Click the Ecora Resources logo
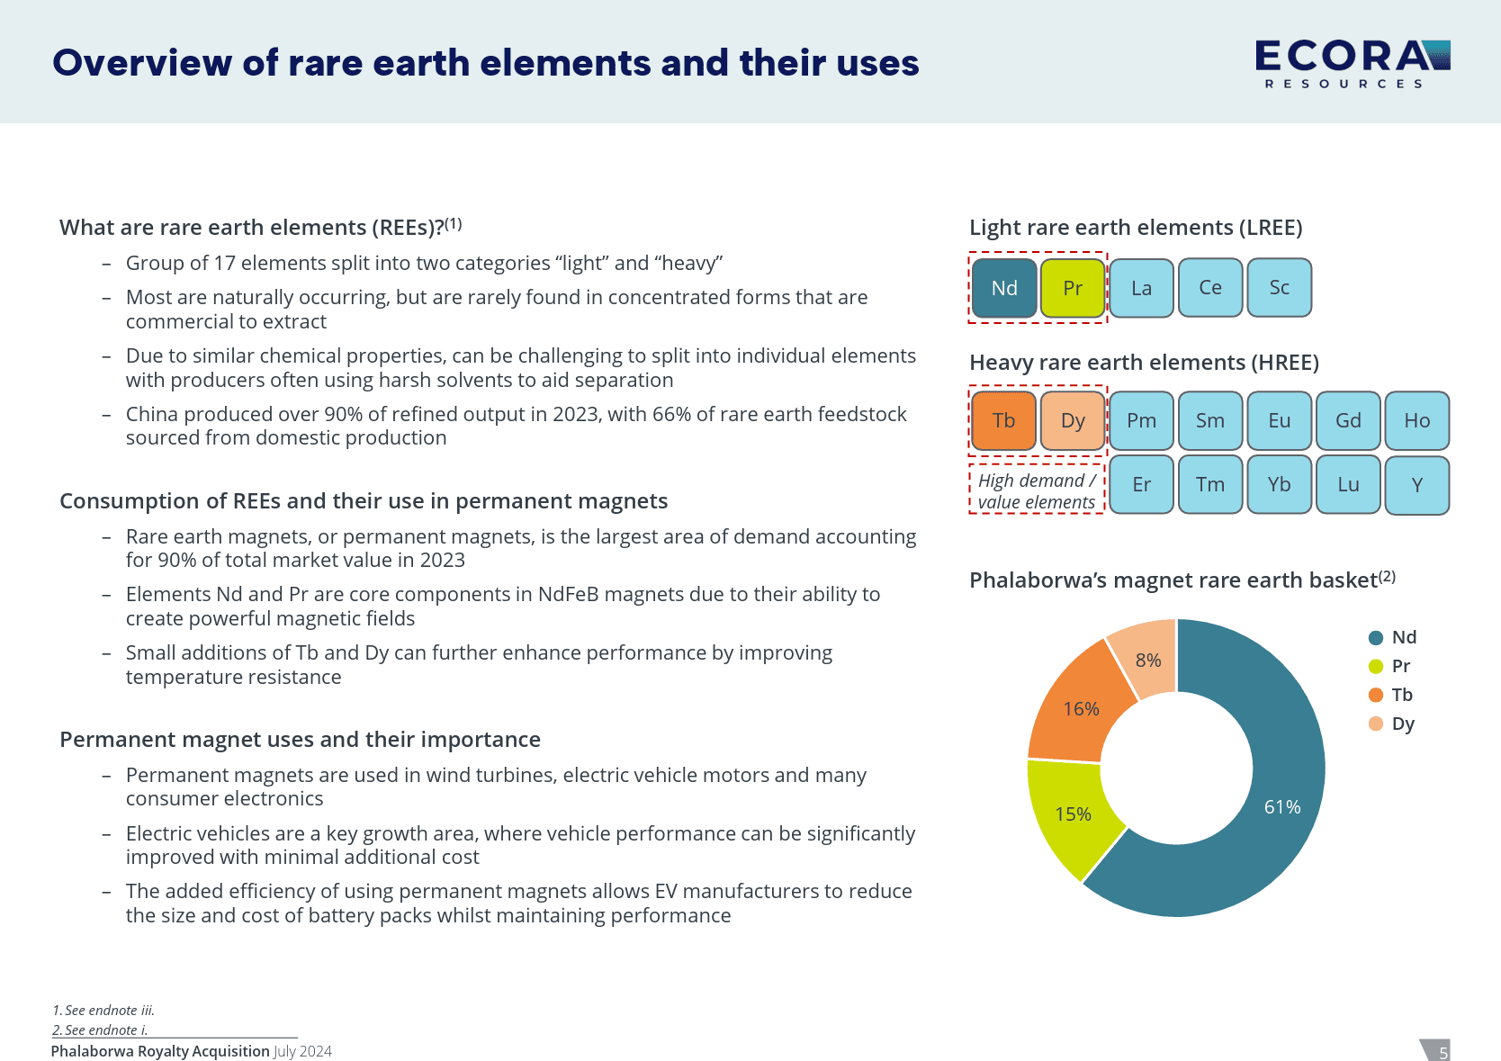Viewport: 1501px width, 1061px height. [x=1352, y=63]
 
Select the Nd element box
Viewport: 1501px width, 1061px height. [x=1004, y=288]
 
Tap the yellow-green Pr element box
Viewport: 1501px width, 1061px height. [x=1073, y=288]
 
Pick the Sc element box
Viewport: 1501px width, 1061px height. [x=1279, y=288]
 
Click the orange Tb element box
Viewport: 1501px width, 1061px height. [x=1003, y=420]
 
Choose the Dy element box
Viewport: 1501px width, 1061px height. [x=1073, y=420]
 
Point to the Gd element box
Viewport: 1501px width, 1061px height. [x=1348, y=420]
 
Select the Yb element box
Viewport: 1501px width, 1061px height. [x=1279, y=484]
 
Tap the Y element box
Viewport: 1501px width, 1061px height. [x=1416, y=485]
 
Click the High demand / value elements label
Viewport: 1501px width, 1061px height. [x=1037, y=491]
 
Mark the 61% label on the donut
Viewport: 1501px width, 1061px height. [x=1281, y=807]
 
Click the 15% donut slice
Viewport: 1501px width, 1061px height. [x=1073, y=814]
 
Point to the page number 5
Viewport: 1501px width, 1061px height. [x=1443, y=1052]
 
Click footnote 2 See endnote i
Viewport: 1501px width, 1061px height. [x=100, y=1030]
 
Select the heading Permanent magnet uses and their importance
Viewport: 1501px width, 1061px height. [x=300, y=740]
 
